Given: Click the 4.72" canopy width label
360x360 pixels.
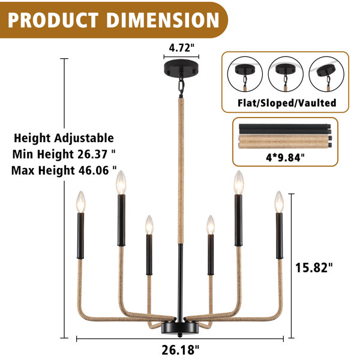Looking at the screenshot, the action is coord(181,48).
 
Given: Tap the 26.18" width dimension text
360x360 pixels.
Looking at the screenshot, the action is coord(180,350).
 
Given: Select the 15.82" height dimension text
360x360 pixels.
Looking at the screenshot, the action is coord(314,268).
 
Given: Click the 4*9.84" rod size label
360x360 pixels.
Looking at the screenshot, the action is coord(285,158).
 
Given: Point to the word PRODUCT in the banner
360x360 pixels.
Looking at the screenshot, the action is coord(53,20).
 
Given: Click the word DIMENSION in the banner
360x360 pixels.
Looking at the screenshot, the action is coord(163,20).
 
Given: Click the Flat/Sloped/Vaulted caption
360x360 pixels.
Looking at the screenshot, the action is coord(287,103).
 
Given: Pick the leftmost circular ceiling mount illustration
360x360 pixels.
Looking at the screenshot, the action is coord(245,74).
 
